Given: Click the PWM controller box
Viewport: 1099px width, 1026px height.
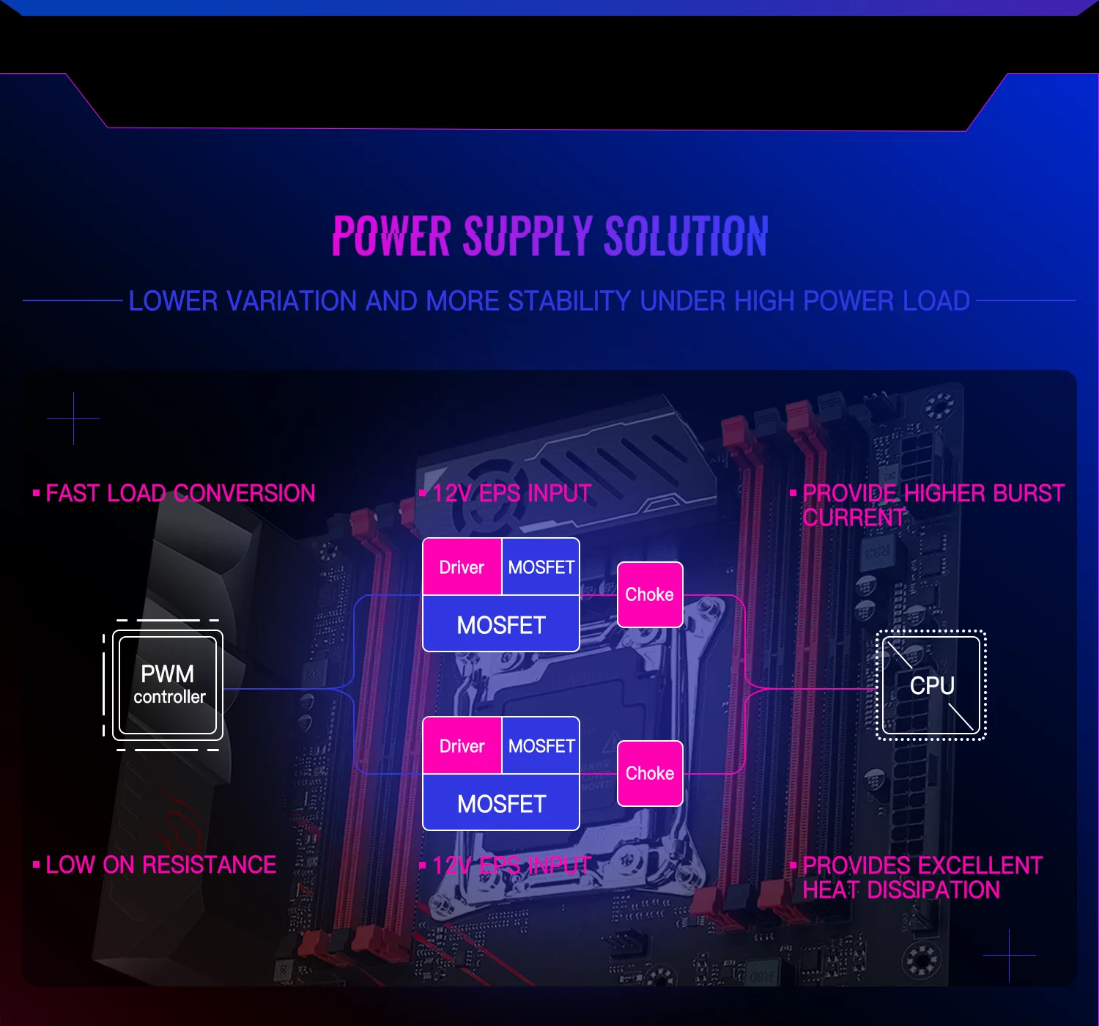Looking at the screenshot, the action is tap(168, 685).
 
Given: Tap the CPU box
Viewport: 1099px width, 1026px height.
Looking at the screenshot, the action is tap(931, 685).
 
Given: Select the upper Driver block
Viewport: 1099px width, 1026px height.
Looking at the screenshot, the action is tap(462, 566).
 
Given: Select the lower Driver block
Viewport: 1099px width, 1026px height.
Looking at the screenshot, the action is tap(462, 745).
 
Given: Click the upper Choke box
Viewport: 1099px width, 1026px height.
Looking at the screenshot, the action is tap(650, 594).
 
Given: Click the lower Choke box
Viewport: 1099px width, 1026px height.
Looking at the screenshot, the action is tap(650, 773).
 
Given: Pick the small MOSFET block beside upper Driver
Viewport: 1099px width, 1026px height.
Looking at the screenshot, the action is tap(541, 566).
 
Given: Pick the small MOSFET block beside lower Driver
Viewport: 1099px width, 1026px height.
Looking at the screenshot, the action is tap(541, 745).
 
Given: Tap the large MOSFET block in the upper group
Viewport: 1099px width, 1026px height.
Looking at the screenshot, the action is tap(501, 624).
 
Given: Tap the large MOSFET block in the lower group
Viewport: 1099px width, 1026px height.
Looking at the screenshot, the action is tap(501, 803).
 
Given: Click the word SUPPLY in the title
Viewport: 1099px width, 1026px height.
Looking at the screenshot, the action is tap(527, 237).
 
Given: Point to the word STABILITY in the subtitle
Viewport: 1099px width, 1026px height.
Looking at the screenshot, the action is tap(569, 301).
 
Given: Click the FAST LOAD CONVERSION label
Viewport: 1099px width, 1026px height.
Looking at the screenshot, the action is tap(180, 493).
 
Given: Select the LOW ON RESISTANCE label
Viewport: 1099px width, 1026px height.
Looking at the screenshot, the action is tap(160, 865).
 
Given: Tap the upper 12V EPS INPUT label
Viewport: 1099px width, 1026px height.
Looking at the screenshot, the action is tap(511, 493).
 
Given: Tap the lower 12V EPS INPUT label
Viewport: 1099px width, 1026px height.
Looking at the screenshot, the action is tap(511, 866).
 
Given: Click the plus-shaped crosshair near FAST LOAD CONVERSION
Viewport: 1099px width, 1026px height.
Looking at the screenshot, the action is tap(73, 418).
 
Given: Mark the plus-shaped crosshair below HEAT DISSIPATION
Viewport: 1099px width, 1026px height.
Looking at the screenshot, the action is tap(1009, 955).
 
